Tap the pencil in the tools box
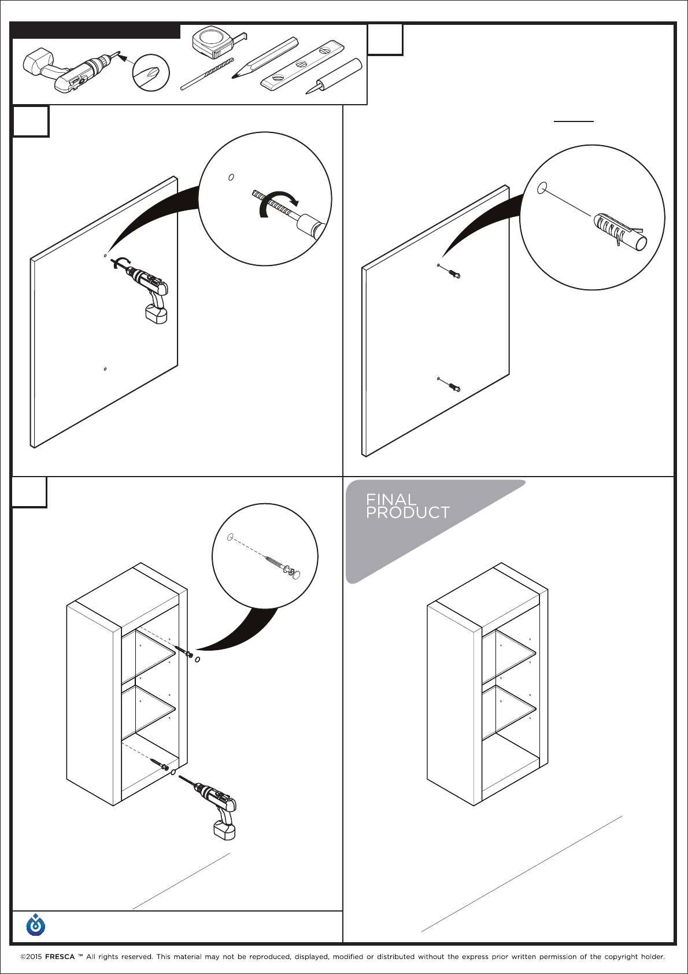coord(265,57)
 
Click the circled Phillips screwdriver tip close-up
coord(151,73)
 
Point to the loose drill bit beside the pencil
coord(207,74)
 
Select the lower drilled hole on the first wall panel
coord(105,369)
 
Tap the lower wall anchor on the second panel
coord(453,386)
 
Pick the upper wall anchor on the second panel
coord(453,273)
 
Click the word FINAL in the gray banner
coord(391,499)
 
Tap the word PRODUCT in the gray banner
coord(408,512)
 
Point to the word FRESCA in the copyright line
coord(60,957)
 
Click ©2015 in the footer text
coord(31,957)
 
